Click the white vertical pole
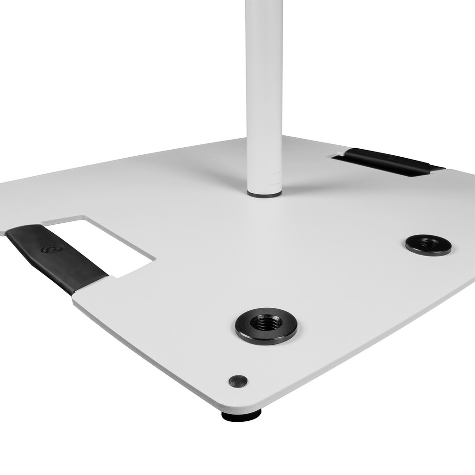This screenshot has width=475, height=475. [x=264, y=95]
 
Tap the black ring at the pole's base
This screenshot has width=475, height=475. [x=265, y=194]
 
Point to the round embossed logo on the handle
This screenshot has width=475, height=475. [x=51, y=248]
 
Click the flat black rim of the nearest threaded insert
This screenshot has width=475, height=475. [x=247, y=332]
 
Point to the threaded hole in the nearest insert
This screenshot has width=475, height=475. [x=266, y=324]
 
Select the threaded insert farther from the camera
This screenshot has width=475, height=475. [x=428, y=245]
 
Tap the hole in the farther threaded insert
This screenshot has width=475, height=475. [x=429, y=243]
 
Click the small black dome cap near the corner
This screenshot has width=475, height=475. [x=238, y=380]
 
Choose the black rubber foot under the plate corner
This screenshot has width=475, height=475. [x=241, y=416]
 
